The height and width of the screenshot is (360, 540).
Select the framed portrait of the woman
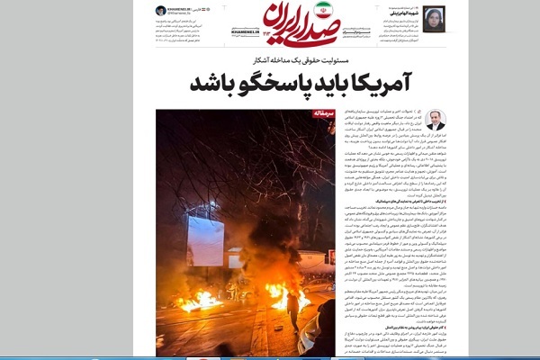[434, 18]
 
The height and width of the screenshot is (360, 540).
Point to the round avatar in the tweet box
[160, 10]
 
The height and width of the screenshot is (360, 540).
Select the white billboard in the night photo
[205, 240]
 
